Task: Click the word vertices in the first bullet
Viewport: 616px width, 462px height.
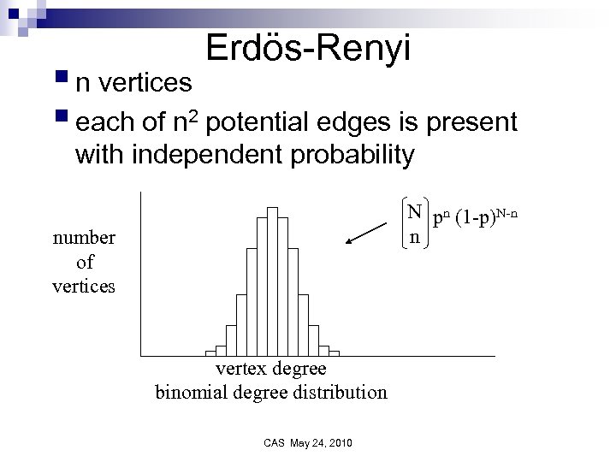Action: tap(145, 83)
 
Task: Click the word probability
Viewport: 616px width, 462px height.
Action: tap(343, 155)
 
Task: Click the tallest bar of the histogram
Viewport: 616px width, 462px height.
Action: tap(272, 280)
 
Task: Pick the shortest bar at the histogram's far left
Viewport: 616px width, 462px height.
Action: tap(210, 352)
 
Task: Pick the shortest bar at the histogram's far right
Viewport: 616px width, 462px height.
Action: tap(334, 352)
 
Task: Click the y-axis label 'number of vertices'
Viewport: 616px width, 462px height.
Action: tap(84, 261)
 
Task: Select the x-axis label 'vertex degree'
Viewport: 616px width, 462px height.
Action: tap(270, 369)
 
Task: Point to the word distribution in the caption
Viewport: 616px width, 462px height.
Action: tap(342, 392)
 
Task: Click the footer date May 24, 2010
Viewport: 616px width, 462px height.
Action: tap(322, 442)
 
